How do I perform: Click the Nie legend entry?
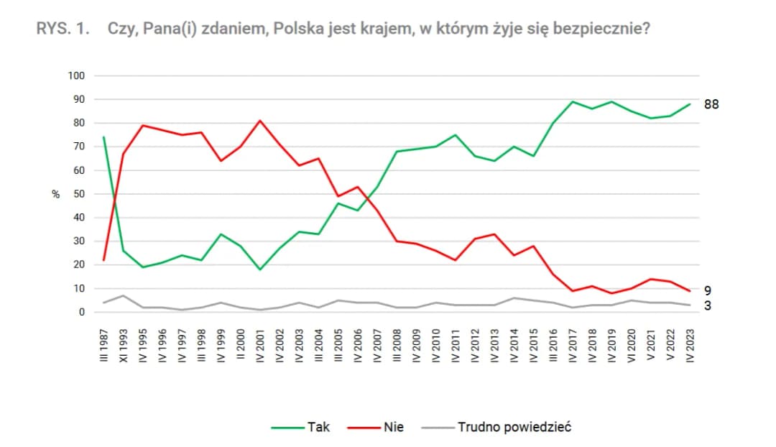click(x=394, y=427)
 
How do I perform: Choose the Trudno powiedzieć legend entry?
click(x=514, y=427)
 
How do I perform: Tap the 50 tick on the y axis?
click(x=80, y=194)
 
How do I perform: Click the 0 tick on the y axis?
click(x=83, y=312)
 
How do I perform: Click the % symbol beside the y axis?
click(x=55, y=195)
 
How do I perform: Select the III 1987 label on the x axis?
click(x=104, y=348)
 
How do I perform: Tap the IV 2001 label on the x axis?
click(x=260, y=348)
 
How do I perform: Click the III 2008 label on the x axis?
click(x=397, y=348)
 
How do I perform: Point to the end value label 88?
click(x=711, y=105)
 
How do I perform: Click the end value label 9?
click(x=708, y=291)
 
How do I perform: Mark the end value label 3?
click(x=708, y=305)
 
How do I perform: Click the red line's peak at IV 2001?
click(x=260, y=121)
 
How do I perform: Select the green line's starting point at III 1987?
click(x=104, y=137)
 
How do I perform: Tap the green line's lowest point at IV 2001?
click(x=260, y=269)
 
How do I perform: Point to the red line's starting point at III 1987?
click(x=104, y=260)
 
